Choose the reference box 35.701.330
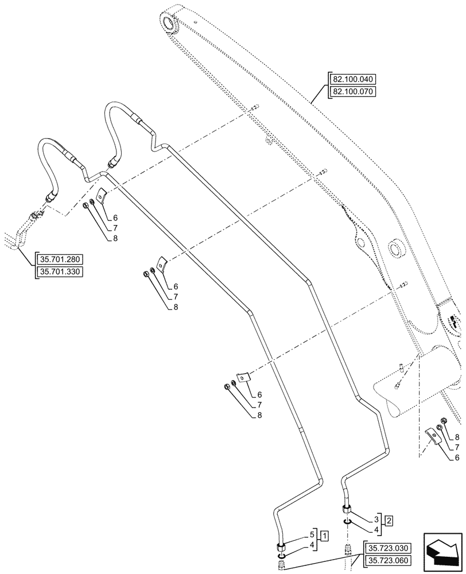coord(59,272)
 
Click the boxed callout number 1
coord(325,536)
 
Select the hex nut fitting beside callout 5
coord(281,546)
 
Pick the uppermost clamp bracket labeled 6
coord(101,196)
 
